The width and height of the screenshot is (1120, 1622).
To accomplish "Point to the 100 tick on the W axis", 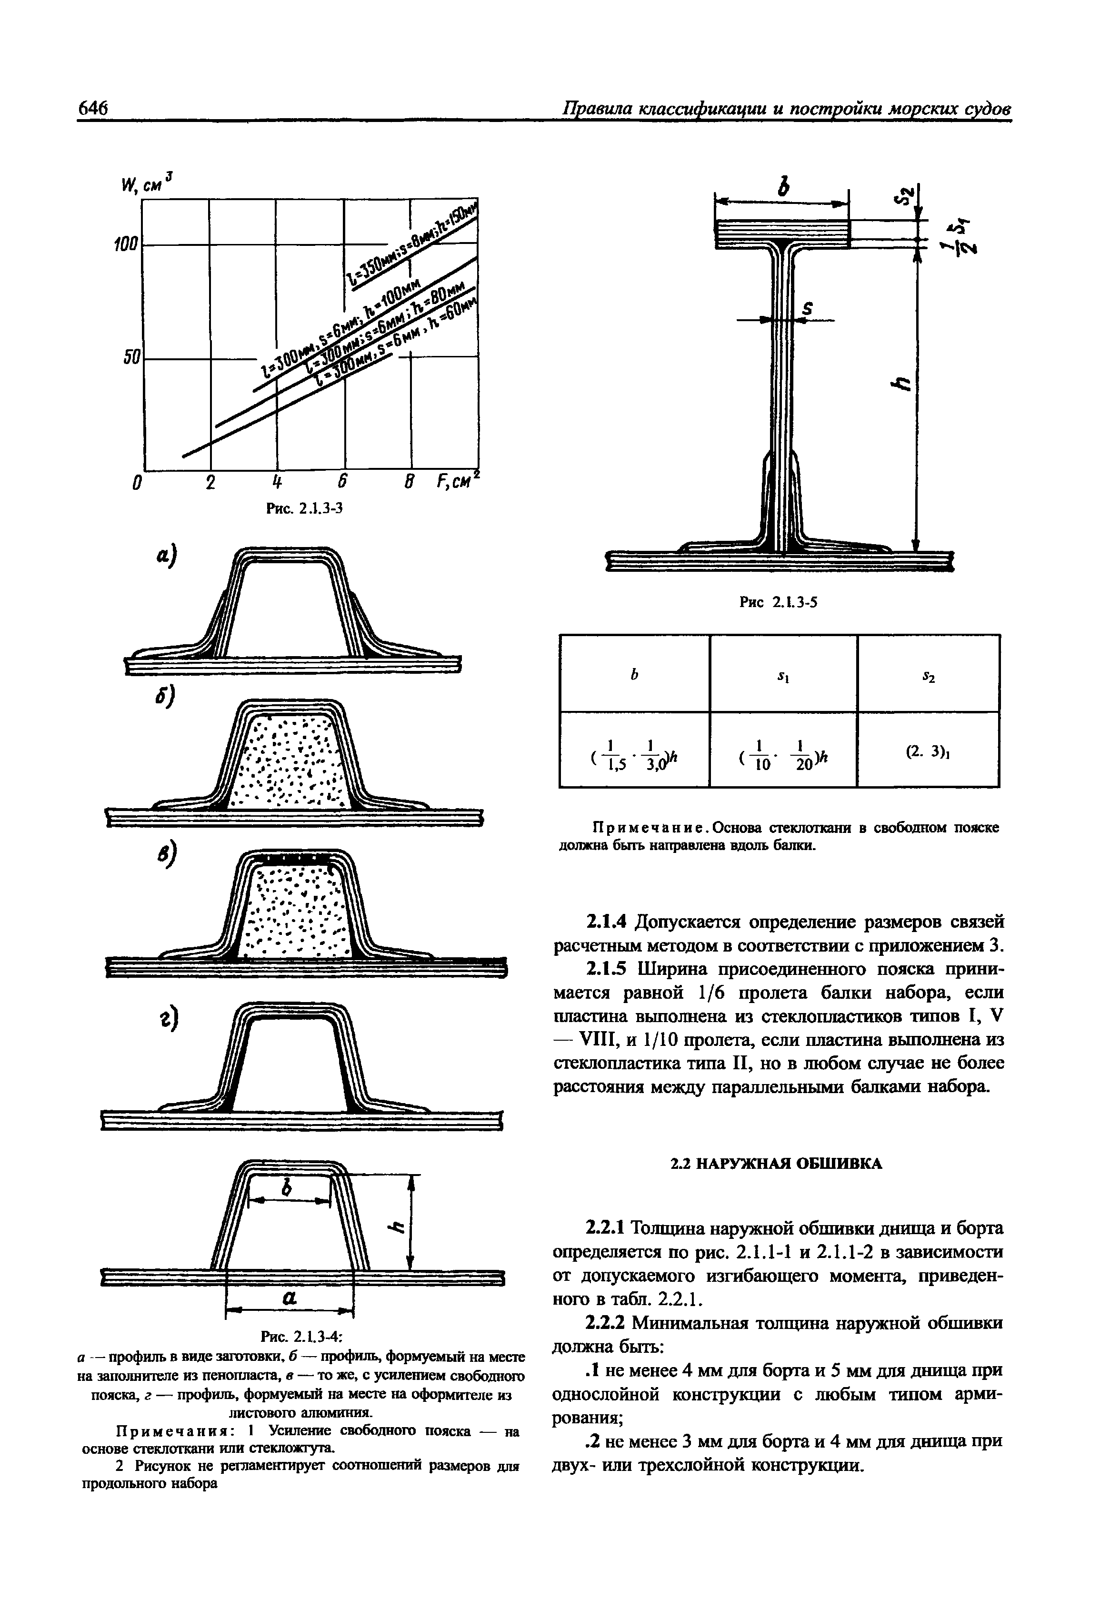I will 126,245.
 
